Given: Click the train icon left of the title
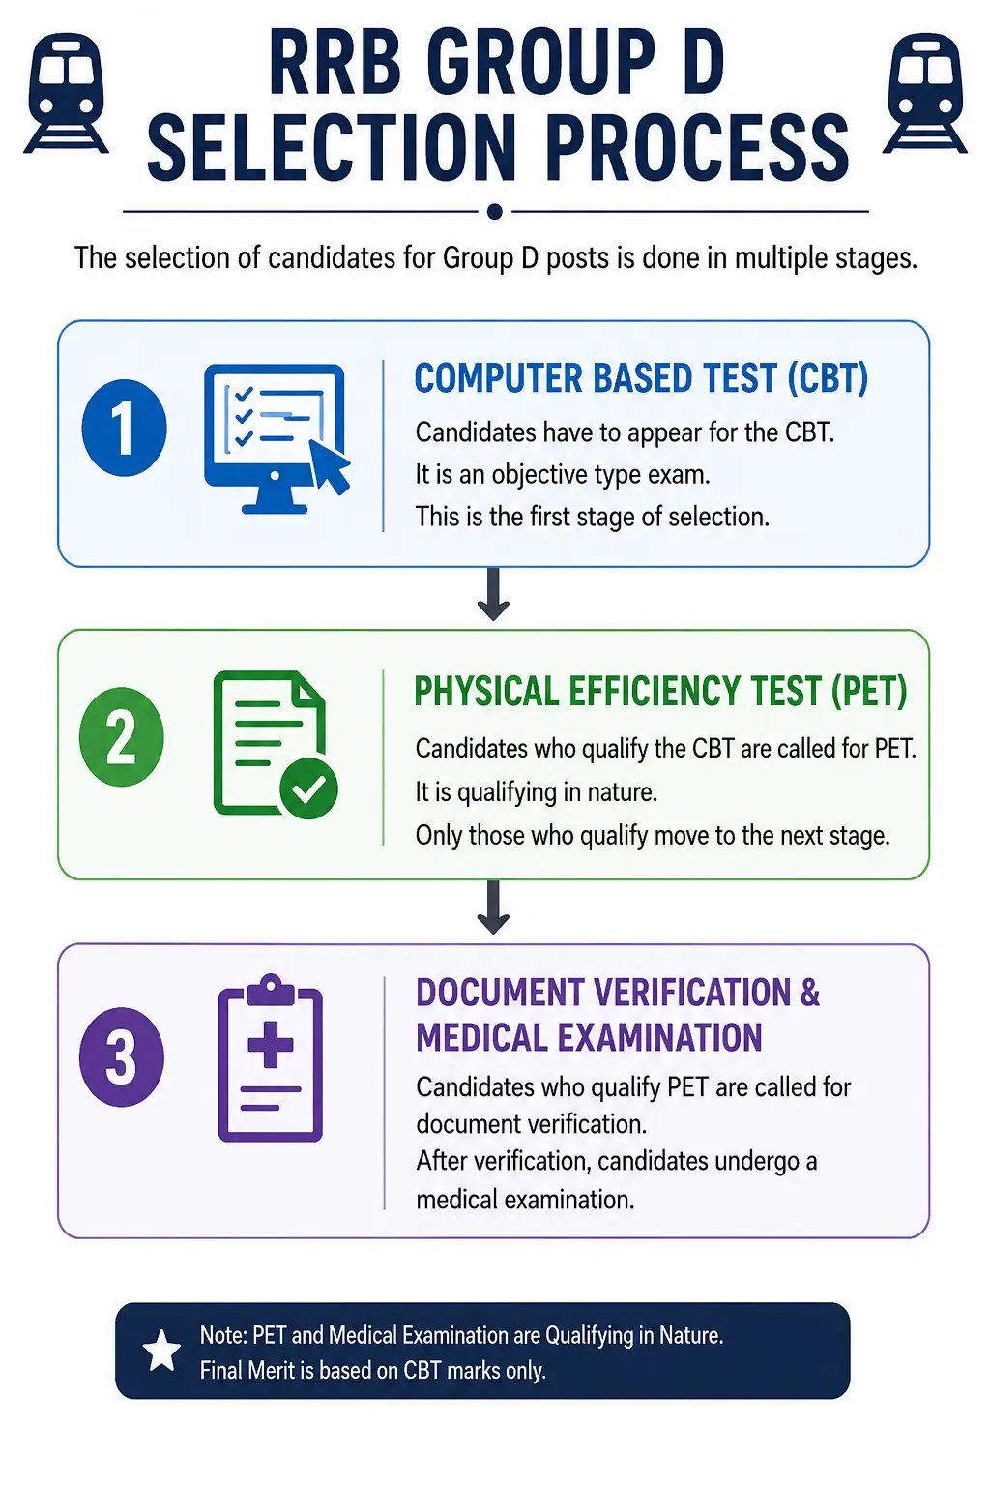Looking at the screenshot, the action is pos(66,93).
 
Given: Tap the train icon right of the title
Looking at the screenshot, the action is pos(925,93).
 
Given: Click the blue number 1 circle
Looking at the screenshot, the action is pos(124,428).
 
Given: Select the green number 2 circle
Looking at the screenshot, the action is pos(122,736).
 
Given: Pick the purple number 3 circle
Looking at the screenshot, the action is pos(122,1056).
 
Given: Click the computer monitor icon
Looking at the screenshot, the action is pos(276,438).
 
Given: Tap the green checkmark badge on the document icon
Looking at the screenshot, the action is pos(309,788).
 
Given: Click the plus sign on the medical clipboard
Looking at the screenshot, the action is pos(270,1045).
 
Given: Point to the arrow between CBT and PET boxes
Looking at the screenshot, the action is pos(493,594).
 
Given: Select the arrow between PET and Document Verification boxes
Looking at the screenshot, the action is pos(493,906).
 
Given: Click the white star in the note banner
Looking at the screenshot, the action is pos(161,1351).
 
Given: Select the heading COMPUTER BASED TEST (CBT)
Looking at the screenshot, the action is pos(641,378).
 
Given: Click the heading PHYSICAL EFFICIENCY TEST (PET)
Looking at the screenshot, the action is pos(660,691).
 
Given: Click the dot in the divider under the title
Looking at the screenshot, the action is pos(495,212).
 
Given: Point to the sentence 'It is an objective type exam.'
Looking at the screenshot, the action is pos(563,475).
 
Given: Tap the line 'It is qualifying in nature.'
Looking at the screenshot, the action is pos(537,792).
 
